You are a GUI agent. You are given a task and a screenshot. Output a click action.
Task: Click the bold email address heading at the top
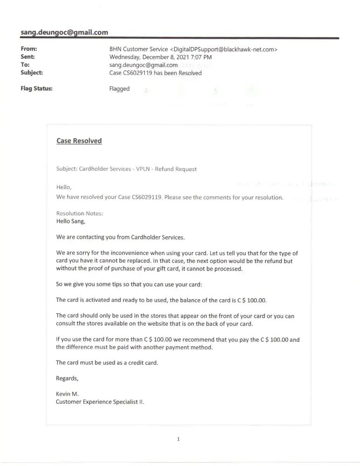[x=64, y=32]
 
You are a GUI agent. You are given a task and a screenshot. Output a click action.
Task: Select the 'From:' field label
[x=29, y=49]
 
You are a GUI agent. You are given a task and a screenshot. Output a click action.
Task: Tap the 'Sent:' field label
[x=28, y=57]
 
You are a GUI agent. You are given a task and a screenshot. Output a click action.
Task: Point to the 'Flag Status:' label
[x=36, y=89]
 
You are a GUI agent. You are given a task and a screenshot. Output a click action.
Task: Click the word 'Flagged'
[x=119, y=89]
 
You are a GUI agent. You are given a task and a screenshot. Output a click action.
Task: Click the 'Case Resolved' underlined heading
[x=79, y=141]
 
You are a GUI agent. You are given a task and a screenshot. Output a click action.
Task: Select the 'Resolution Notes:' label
[x=79, y=213]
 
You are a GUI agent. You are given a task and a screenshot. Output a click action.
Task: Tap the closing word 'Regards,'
[x=67, y=378]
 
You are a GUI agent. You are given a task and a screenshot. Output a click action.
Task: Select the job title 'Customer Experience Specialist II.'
[x=100, y=402]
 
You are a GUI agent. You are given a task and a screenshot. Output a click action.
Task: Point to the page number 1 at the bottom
[x=178, y=439]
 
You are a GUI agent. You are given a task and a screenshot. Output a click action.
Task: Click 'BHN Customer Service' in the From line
[x=138, y=49]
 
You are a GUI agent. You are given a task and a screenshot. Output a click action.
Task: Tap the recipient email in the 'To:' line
[x=143, y=65]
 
